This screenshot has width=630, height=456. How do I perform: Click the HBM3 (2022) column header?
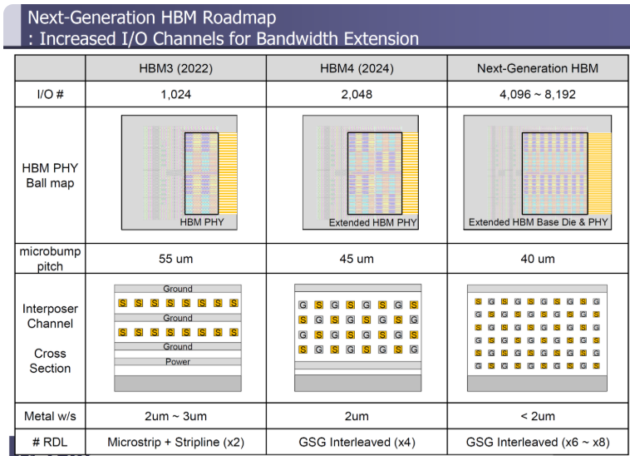(176, 68)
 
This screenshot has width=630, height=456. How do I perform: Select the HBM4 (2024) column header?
(357, 68)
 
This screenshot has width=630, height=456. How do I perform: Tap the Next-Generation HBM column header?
(537, 68)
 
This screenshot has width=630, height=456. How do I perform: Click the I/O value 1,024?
(176, 95)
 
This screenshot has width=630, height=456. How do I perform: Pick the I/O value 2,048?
(357, 95)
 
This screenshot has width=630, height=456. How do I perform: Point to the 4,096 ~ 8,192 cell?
(537, 95)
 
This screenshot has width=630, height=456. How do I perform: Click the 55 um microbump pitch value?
(176, 259)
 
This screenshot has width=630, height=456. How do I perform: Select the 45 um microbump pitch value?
(357, 259)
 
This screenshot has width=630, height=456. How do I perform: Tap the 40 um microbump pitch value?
(537, 259)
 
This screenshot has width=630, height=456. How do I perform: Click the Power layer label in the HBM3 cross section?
(177, 361)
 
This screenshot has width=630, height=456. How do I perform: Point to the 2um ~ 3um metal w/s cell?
(176, 416)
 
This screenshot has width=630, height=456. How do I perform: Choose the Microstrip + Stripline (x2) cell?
(176, 442)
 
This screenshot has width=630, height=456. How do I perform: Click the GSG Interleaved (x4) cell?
(357, 442)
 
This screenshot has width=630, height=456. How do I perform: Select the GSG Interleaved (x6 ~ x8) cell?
(537, 442)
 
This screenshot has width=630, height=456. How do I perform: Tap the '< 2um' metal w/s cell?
(537, 416)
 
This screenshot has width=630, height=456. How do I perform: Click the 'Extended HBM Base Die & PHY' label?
(536, 222)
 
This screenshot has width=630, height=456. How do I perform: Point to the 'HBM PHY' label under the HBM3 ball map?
(202, 222)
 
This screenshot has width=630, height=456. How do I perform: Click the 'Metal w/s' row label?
(50, 416)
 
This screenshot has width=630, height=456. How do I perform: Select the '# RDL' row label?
(50, 442)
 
